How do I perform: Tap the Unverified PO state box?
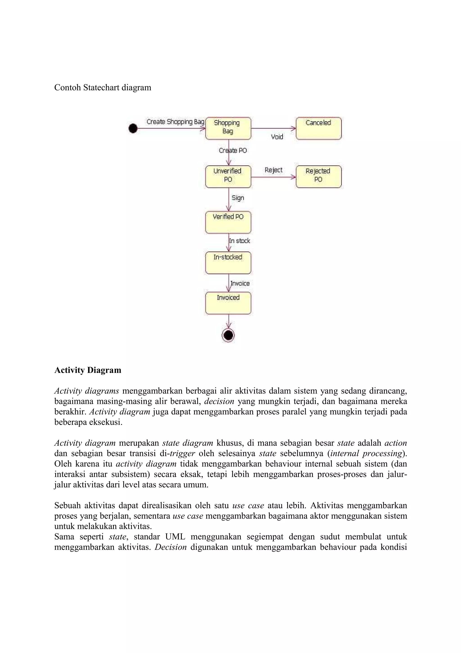pos(228,177)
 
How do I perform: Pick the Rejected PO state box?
pos(319,177)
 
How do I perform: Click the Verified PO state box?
pos(228,222)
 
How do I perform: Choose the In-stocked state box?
pos(228,263)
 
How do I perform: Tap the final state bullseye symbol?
pos(228,335)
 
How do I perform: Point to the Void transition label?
pos(277,137)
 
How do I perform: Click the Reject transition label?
pos(273,170)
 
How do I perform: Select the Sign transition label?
pos(238,198)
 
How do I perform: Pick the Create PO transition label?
pos(233,151)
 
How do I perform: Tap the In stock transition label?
pos(240,241)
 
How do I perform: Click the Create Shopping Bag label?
pos(175,122)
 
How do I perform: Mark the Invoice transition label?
pos(240,283)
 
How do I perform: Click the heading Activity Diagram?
pos(88,370)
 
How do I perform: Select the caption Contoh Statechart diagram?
pos(103,88)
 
